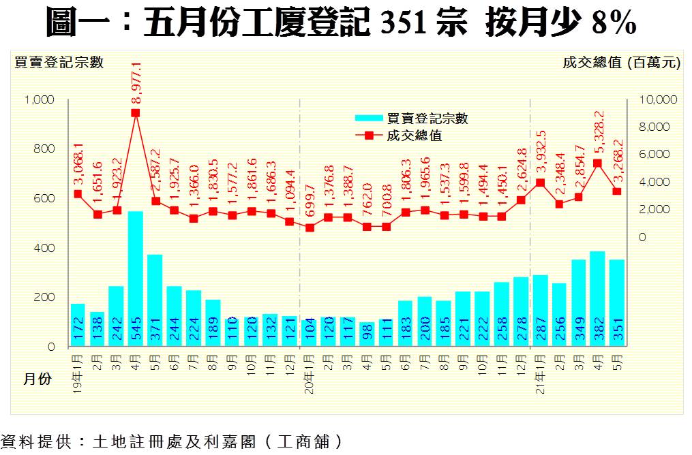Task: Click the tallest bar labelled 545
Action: pos(136,279)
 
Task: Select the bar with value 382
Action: pos(598,300)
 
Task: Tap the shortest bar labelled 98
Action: pos(367,334)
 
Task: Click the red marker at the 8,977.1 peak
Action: pos(136,113)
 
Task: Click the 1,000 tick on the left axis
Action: pos(39,99)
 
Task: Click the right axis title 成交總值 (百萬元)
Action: pos(621,63)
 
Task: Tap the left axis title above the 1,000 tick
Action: pos(59,63)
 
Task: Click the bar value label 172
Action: pos(78,335)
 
